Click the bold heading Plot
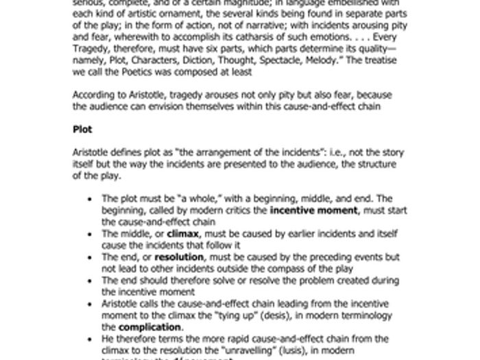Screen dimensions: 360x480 click(x=82, y=129)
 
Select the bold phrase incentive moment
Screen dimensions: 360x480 click(x=314, y=211)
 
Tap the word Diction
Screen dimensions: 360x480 click(x=215, y=60)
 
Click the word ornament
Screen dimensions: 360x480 click(x=173, y=14)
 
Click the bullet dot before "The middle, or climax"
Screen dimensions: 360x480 click(x=91, y=234)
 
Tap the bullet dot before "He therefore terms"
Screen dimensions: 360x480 click(x=91, y=339)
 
